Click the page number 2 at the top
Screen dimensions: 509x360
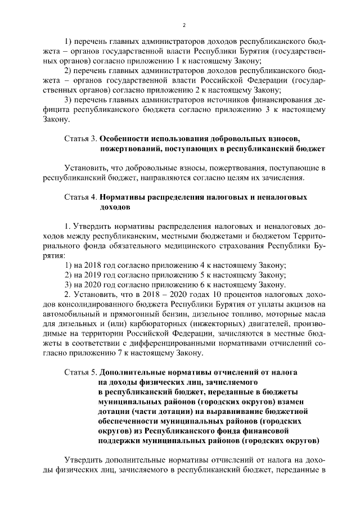pyautogui.click(x=184, y=25)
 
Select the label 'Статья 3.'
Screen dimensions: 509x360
pyautogui.click(x=80, y=138)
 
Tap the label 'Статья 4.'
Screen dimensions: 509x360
pyautogui.click(x=80, y=197)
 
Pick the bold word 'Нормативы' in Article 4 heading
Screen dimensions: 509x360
pyautogui.click(x=125, y=197)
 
